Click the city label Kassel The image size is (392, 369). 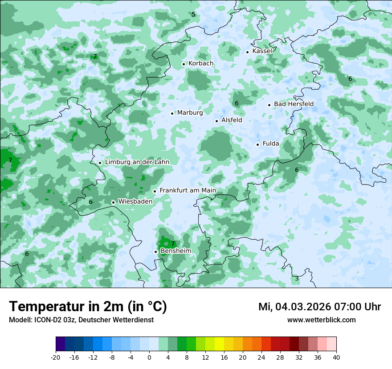[x=262, y=51]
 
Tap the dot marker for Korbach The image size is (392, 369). [x=184, y=64]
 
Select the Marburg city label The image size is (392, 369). [x=190, y=113]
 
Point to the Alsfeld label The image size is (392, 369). [x=232, y=120]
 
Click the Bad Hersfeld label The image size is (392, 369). [x=294, y=104]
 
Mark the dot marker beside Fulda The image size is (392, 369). [x=257, y=144]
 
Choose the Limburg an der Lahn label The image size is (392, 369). [x=137, y=162]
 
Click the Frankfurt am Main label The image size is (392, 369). [x=188, y=191]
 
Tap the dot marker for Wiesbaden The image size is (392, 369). [x=114, y=202]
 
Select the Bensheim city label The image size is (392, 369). [x=176, y=251]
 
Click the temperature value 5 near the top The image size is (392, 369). [x=193, y=15]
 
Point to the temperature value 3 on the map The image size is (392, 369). [x=297, y=279]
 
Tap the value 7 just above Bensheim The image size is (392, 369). [x=173, y=244]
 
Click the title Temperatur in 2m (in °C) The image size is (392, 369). [x=88, y=307]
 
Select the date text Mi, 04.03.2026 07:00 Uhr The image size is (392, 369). [x=319, y=307]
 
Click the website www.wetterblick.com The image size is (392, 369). [x=321, y=320]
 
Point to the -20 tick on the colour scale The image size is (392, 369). [x=56, y=357]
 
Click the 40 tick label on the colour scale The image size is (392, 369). [x=336, y=357]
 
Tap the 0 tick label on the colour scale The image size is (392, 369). [x=149, y=357]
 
